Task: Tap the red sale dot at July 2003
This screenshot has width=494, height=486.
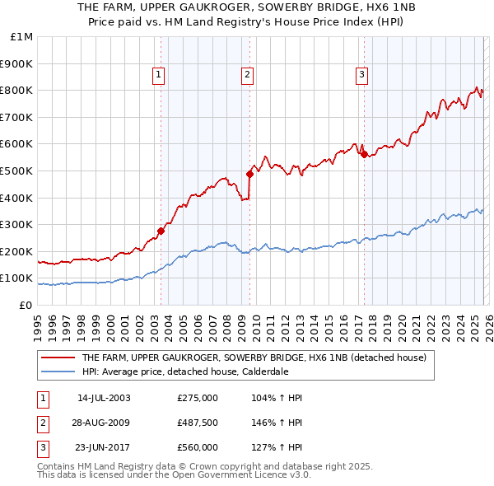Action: click(161, 231)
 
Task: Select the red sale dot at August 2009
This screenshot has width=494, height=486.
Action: click(249, 174)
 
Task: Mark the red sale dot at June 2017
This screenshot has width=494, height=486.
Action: click(364, 154)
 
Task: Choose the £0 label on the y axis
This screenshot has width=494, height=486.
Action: click(25, 305)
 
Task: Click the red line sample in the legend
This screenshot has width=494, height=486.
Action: click(57, 358)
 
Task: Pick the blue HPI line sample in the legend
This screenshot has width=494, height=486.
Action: click(57, 372)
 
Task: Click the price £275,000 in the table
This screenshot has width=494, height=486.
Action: click(198, 398)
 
